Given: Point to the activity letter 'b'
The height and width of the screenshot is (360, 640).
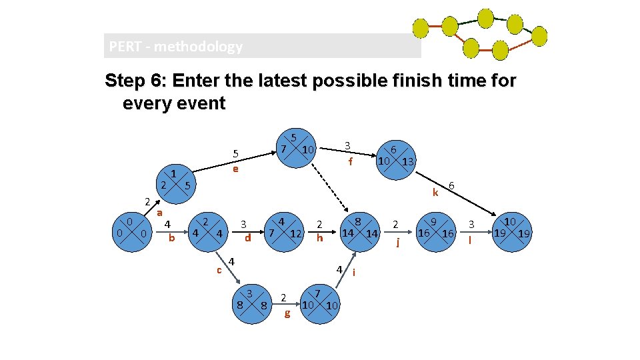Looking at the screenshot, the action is click(x=171, y=237).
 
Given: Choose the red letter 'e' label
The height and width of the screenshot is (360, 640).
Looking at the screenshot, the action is click(x=235, y=169).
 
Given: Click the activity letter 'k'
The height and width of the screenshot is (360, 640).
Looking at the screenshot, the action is click(x=435, y=193).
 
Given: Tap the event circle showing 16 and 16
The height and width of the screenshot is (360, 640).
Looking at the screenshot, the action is click(x=435, y=231).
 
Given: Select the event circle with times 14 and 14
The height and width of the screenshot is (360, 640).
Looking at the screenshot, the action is click(x=359, y=231).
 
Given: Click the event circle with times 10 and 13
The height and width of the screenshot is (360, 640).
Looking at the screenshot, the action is click(x=395, y=159).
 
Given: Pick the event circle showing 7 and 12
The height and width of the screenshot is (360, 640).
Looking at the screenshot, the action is click(x=283, y=231).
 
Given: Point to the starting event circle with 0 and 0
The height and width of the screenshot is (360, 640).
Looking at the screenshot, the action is click(x=131, y=231).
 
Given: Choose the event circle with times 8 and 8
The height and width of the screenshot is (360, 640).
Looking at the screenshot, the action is click(x=250, y=304).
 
